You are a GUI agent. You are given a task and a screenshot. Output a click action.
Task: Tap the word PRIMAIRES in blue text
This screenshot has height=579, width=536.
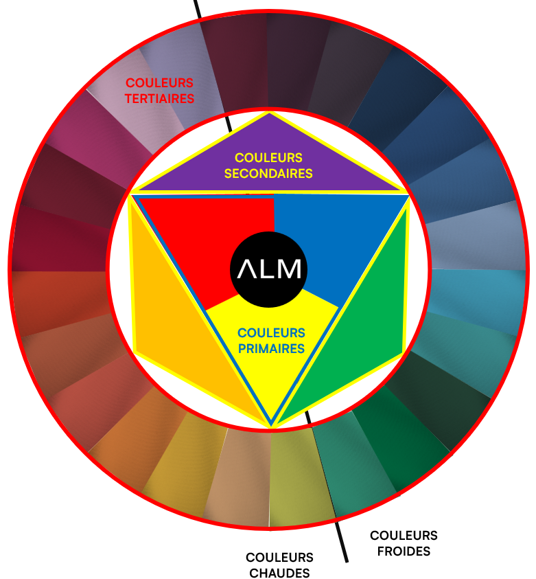pyautogui.click(x=271, y=348)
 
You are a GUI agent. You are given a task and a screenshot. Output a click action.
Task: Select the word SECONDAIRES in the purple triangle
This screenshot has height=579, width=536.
pyautogui.click(x=268, y=174)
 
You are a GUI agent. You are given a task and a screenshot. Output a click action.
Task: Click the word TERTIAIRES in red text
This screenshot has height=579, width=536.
pyautogui.click(x=160, y=98)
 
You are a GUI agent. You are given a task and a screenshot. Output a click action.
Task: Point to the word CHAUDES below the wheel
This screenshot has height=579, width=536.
pyautogui.click(x=279, y=572)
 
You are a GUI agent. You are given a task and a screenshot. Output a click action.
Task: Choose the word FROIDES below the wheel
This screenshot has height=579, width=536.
pyautogui.click(x=404, y=551)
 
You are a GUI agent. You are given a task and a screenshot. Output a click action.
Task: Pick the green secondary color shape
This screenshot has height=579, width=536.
pyautogui.click(x=357, y=330)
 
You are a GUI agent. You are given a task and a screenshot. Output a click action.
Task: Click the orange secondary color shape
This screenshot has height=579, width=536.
pyautogui.click(x=178, y=330)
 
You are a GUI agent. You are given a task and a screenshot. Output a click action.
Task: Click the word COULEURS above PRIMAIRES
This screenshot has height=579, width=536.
pyautogui.click(x=271, y=333)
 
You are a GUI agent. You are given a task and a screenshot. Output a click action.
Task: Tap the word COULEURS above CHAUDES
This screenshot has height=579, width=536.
pyautogui.click(x=279, y=558)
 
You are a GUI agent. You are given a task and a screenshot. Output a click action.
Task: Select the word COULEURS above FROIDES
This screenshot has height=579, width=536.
pyautogui.click(x=404, y=536)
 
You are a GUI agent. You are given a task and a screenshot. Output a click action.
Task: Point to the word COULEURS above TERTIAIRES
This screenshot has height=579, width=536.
pyautogui.click(x=159, y=83)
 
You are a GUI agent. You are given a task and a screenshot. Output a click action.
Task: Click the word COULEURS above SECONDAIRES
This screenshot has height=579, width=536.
pyautogui.click(x=268, y=158)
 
